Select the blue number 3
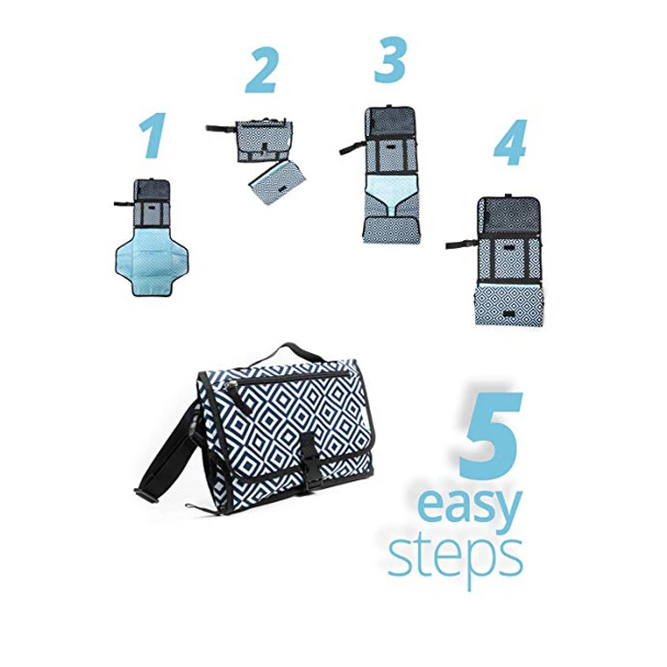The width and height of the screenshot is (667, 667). click(x=388, y=60)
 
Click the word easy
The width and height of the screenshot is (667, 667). click(x=468, y=510)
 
